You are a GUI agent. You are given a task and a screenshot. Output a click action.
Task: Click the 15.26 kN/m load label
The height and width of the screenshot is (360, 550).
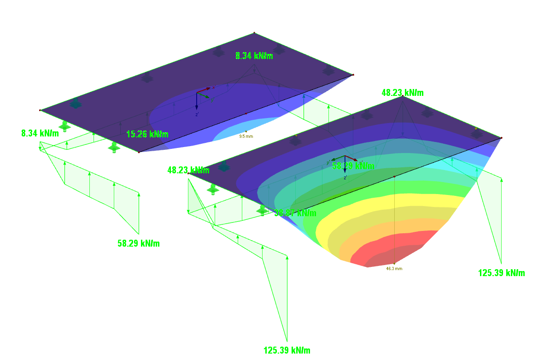pyautogui.click(x=147, y=134)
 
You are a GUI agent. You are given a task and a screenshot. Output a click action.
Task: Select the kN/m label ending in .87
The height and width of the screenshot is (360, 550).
pyautogui.click(x=295, y=213)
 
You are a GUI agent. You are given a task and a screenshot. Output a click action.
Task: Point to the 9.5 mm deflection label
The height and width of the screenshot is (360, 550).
pyautogui.click(x=246, y=136)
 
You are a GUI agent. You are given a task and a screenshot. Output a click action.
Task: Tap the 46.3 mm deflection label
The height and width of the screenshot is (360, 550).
pyautogui.click(x=394, y=268)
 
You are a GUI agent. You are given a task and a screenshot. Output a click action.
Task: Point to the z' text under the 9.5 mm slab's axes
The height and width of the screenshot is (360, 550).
pyautogui.click(x=197, y=114)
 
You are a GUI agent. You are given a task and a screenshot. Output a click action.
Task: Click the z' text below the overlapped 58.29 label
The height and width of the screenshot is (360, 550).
pyautogui.click(x=345, y=177)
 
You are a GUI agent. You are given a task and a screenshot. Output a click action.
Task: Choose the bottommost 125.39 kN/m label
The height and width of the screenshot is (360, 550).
pyautogui.click(x=287, y=350)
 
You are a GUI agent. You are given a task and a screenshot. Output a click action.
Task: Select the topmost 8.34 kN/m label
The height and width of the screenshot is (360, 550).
pyautogui.click(x=254, y=56)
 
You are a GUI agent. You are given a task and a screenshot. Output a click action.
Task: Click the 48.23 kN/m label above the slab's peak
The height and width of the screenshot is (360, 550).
pyautogui.click(x=403, y=93)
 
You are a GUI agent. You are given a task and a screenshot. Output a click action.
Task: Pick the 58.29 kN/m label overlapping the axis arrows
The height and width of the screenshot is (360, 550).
pyautogui.click(x=353, y=165)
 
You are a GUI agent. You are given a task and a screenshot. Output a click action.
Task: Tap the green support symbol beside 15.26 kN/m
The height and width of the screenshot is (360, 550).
pyautogui.click(x=114, y=147)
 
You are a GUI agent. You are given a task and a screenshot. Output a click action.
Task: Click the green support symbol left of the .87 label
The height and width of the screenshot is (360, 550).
pyautogui.click(x=262, y=210)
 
